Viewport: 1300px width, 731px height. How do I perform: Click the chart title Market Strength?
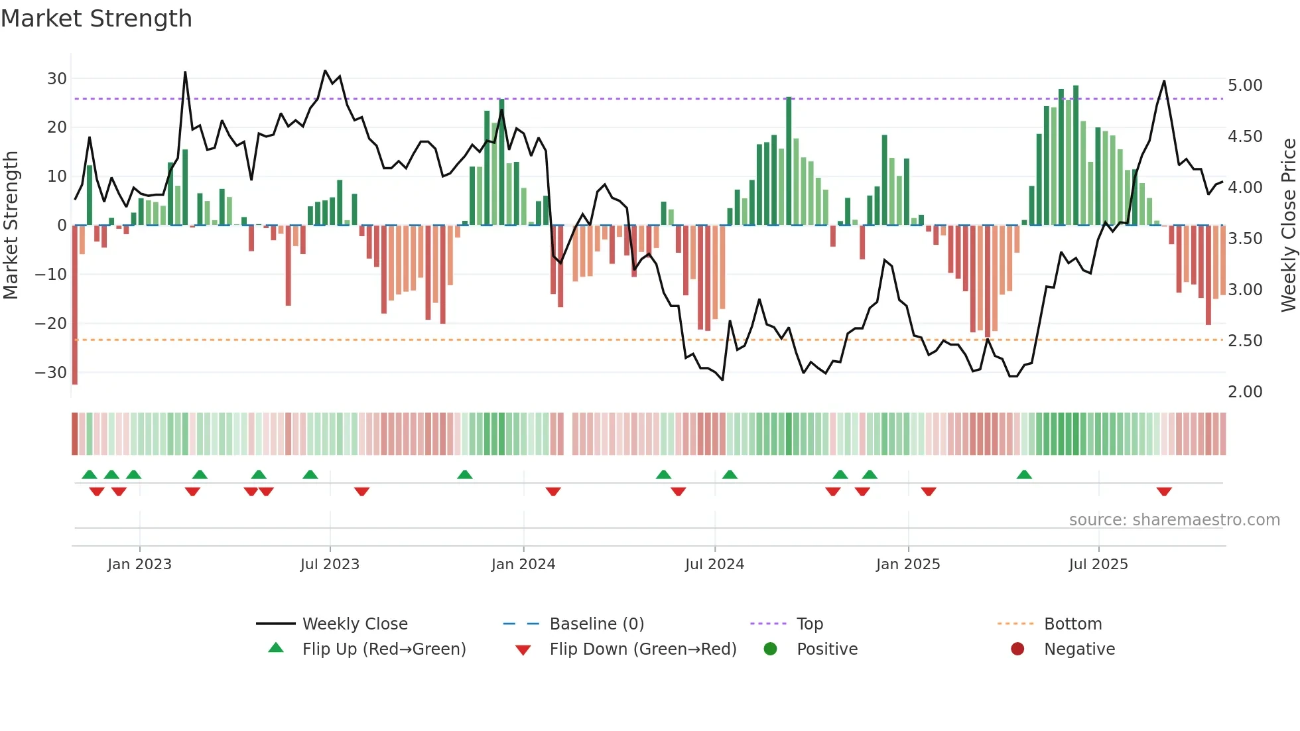pos(96,19)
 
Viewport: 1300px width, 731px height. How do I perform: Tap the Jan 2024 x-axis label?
pos(523,565)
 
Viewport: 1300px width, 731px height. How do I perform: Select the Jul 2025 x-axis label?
pos(1098,565)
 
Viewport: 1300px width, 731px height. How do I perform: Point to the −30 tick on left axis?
pos(51,372)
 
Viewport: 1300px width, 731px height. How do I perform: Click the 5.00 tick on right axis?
pos(1244,86)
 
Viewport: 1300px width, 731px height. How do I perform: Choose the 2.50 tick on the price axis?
pos(1244,341)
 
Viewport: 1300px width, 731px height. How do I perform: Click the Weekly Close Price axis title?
pos(1288,226)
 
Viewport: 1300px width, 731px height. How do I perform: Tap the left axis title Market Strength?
pos(11,226)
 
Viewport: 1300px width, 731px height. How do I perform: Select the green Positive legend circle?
pos(770,649)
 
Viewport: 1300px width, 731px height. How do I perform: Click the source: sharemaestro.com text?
pos(1174,520)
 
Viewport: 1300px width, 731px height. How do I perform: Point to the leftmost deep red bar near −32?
pos(75,305)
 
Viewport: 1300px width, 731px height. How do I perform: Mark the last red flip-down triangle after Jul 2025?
pos(1163,492)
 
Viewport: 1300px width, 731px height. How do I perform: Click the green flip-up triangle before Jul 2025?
pos(1024,474)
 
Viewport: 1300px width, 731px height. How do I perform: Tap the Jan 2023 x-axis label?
pos(139,565)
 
